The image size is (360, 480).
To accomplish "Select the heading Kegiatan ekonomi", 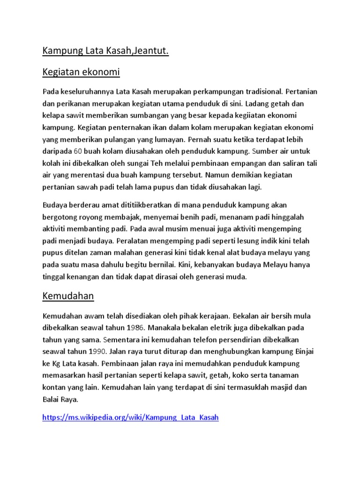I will tap(81, 72).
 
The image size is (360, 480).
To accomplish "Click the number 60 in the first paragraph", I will tap(79, 152).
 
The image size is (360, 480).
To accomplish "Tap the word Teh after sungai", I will tap(143, 164).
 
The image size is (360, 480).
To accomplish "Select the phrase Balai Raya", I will tap(61, 400).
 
